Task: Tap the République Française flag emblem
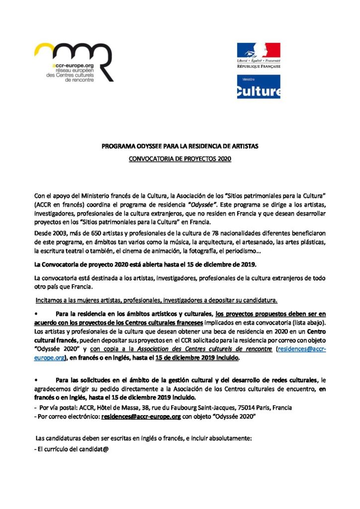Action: coord(258,51)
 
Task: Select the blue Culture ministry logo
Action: coord(258,86)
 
